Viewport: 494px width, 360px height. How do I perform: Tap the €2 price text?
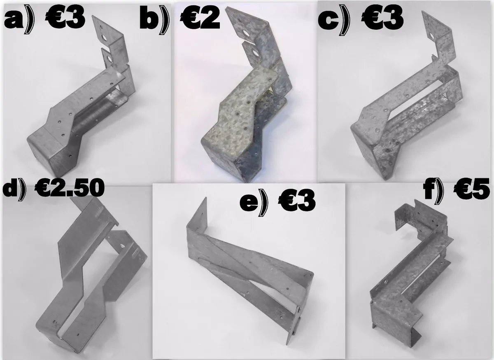coord(199,19)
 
